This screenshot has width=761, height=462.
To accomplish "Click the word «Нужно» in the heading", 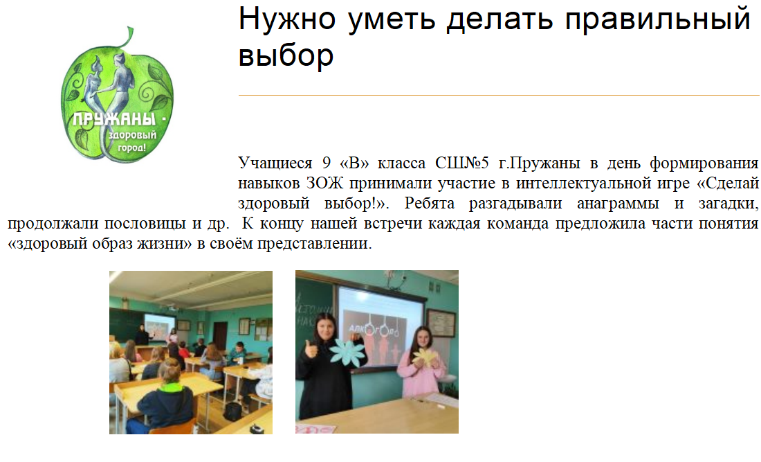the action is [287, 19].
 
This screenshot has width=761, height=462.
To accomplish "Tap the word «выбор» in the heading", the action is [286, 55].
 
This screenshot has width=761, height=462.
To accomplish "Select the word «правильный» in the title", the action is [658, 20].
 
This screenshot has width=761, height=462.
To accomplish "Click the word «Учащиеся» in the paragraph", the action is [275, 163].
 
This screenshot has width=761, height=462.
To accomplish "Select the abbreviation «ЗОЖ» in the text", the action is [324, 183].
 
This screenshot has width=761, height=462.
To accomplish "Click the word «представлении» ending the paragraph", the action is [315, 244].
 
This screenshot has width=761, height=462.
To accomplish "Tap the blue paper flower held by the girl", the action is [347, 352].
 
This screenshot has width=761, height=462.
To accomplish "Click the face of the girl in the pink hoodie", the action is [421, 338].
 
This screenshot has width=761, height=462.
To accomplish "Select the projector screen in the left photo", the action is [160, 326].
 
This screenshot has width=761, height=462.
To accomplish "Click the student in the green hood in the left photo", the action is [166, 400].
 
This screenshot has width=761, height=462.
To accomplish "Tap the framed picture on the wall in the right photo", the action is [441, 323].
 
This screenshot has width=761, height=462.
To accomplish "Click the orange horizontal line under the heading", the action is [499, 95].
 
